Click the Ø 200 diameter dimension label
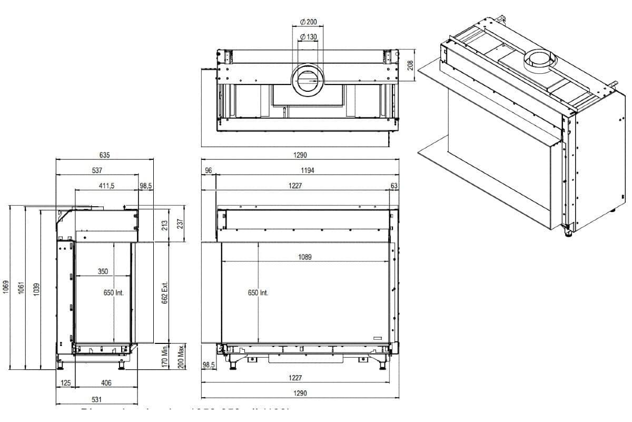(x=308, y=22)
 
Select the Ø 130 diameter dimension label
(x=308, y=36)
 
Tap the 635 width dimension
(x=105, y=155)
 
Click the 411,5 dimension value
(x=107, y=186)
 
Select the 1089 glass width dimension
(x=304, y=257)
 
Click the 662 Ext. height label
(x=164, y=292)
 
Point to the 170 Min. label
(x=164, y=356)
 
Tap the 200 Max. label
(x=181, y=357)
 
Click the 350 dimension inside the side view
(x=103, y=272)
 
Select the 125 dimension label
(x=66, y=383)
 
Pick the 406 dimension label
(x=106, y=383)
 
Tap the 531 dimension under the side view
(x=96, y=399)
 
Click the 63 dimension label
(x=394, y=186)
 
